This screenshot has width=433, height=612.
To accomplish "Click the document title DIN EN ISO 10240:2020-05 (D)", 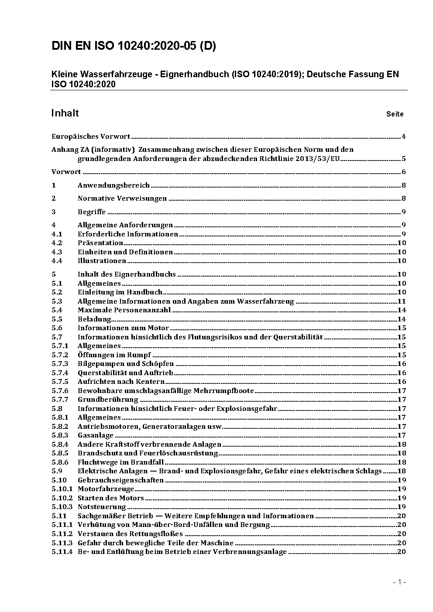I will [134, 46].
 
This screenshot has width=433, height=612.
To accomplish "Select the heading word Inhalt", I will [65, 113].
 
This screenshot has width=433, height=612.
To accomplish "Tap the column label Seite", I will [395, 114].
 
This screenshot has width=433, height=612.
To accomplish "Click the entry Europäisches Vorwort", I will [91, 137].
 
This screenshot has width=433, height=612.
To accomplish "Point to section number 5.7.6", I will [60, 391].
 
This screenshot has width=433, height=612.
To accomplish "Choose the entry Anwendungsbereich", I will [113, 185].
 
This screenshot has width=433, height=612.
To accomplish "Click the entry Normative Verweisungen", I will [122, 198].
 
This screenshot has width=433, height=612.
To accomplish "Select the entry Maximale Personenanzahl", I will [124, 310].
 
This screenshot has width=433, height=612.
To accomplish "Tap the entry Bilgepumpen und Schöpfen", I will [126, 364].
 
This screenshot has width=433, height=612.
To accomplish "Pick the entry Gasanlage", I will [96, 435].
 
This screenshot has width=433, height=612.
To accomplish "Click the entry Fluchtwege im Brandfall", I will [121, 462].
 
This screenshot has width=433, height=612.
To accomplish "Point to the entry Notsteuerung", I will [102, 507].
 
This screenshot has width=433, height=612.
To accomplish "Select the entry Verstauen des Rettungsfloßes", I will [130, 534].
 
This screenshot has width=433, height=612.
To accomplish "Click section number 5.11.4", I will [62, 552].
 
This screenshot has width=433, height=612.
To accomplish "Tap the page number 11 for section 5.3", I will [402, 301].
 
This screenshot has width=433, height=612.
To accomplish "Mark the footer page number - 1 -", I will [399, 582].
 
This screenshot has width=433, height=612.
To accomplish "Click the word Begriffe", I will [92, 212].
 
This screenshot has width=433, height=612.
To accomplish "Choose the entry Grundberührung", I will [108, 400].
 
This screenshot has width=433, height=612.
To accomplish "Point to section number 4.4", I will [57, 261].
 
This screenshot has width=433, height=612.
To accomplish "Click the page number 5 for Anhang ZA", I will [404, 159].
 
